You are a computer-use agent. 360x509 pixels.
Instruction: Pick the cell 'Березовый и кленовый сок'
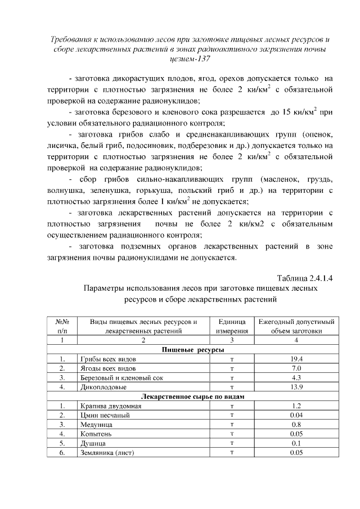(x=118, y=377)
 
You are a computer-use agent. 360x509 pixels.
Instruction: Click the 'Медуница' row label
(x=95, y=425)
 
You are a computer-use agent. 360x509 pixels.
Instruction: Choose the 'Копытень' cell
(x=96, y=434)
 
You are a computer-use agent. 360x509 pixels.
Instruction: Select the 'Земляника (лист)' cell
(x=106, y=453)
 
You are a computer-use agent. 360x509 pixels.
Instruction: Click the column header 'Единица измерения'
(x=231, y=326)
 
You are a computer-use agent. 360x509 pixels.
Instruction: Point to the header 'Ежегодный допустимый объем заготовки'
(x=296, y=326)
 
